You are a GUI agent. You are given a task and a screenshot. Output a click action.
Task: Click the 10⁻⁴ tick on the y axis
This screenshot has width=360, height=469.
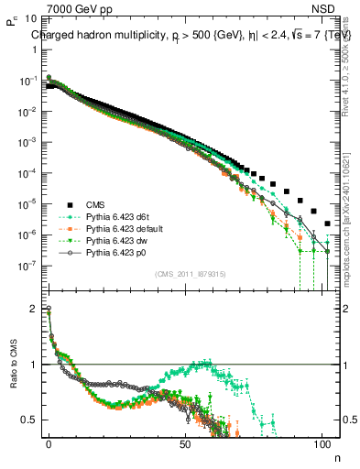click(27, 173)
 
